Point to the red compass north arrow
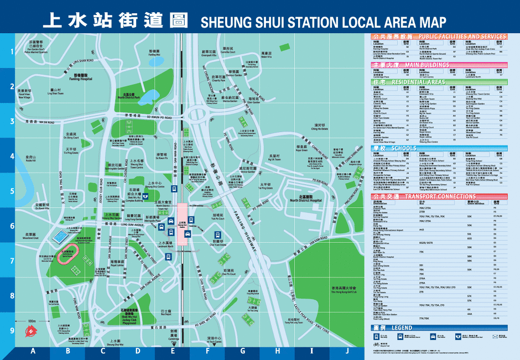click(27, 331)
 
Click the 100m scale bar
click(32, 321)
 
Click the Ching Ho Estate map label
click(320, 127)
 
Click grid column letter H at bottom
click(277, 351)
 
